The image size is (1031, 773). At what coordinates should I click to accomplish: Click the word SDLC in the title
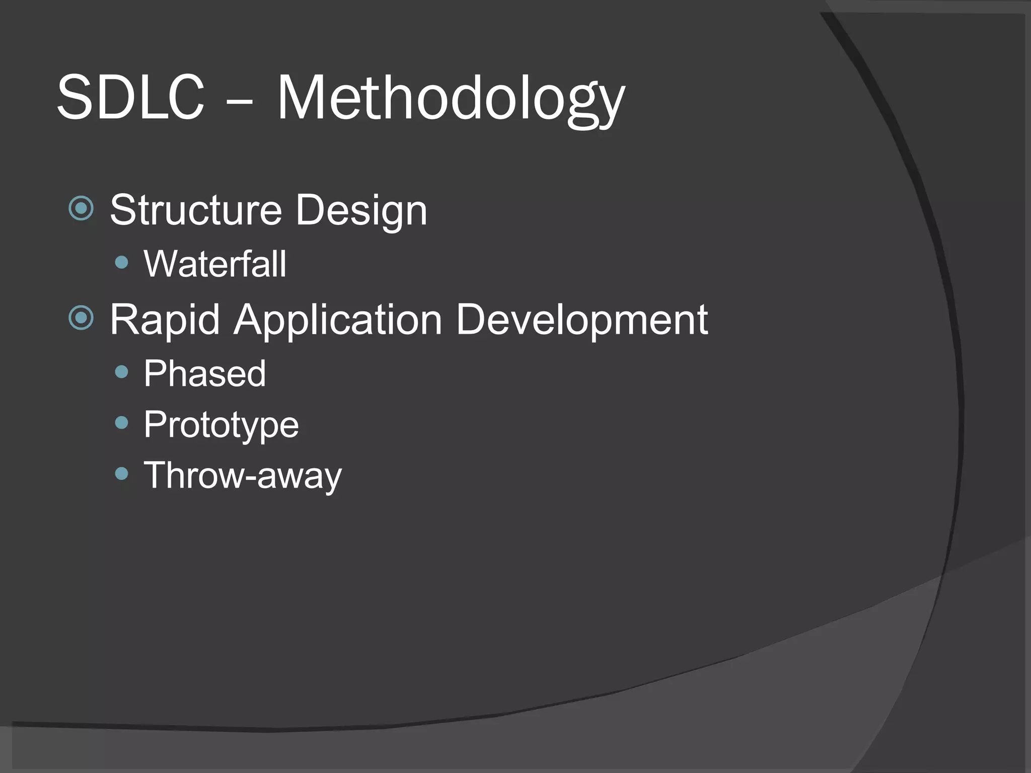(131, 97)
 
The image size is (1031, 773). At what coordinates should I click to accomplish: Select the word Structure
(196, 210)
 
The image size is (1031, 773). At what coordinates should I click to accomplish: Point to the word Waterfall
(215, 264)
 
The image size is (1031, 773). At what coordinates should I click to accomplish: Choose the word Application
(337, 320)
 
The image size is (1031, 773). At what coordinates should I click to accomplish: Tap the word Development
(582, 320)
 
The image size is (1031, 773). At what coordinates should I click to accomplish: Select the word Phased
(204, 374)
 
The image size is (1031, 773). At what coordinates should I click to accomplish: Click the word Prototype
(221, 425)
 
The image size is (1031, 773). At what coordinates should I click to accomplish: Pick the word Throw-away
(242, 476)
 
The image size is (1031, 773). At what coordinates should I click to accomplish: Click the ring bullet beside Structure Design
(81, 208)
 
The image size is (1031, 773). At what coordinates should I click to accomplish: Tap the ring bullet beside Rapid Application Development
(81, 318)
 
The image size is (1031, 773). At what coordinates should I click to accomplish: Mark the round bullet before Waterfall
(122, 262)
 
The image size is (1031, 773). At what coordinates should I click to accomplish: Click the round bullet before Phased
(122, 372)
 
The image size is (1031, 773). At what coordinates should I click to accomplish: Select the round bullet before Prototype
(122, 423)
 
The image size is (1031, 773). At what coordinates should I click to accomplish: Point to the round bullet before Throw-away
(122, 473)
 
